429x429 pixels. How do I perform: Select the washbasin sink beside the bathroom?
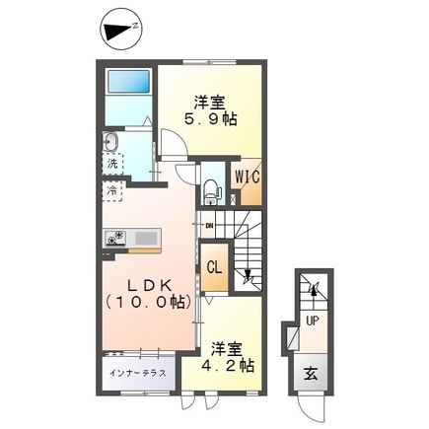[x=108, y=141]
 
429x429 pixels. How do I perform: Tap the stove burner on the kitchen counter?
[x=114, y=237]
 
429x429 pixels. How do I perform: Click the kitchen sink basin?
[x=146, y=237]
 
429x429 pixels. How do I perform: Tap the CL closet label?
[x=214, y=264]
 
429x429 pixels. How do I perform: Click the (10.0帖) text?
[x=146, y=304]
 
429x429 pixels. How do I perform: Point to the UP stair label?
[x=312, y=321]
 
